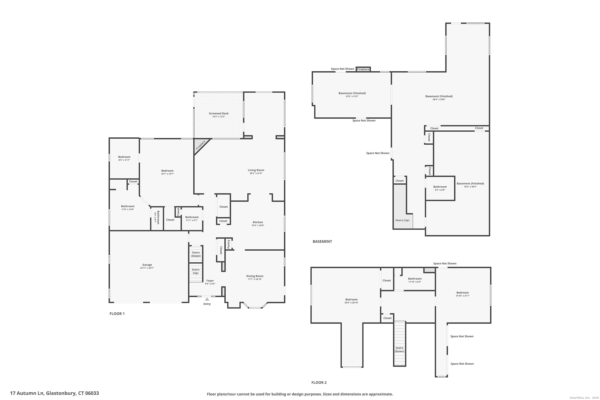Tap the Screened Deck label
(x=219, y=114)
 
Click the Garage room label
(x=147, y=265)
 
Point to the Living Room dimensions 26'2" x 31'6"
(x=256, y=173)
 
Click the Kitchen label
(x=258, y=222)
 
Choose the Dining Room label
(x=255, y=276)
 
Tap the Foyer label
(x=210, y=281)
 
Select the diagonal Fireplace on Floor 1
(x=201, y=145)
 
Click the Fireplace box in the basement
(x=363, y=69)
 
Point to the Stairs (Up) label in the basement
(x=402, y=220)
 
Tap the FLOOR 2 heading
(x=319, y=382)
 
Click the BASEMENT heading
(x=322, y=241)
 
